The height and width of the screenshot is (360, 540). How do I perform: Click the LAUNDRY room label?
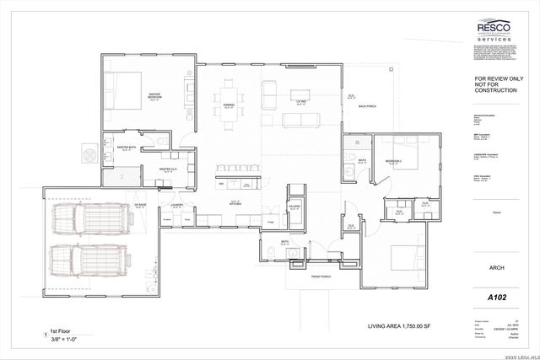pos(177,205)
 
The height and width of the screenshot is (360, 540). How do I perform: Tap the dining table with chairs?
pos(229,103)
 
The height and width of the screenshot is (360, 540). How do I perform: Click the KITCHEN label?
pos(237,202)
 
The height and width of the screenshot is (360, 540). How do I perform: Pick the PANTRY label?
pos(295,207)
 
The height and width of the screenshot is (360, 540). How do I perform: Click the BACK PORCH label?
pos(366,106)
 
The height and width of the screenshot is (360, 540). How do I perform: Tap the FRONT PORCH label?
pos(321,277)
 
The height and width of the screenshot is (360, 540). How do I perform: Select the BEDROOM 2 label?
pos(393,160)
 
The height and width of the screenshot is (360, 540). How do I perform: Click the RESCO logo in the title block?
pos(494,30)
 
